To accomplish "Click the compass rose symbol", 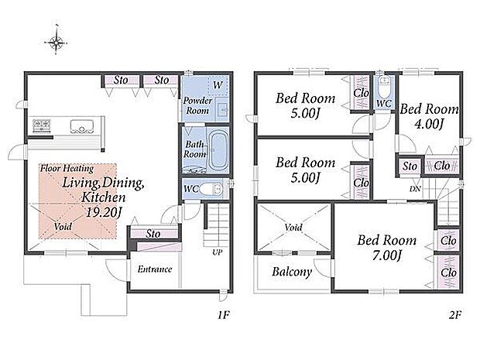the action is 56,42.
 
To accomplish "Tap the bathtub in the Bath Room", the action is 218,150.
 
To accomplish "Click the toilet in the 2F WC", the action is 383,87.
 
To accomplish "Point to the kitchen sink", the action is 82,126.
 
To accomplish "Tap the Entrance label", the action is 155,269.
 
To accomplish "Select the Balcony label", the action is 292,272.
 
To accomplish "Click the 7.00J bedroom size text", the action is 386,255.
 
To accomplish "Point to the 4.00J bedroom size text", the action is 429,124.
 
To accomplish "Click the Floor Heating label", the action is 67,168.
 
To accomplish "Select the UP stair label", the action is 217,252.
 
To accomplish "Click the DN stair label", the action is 415,189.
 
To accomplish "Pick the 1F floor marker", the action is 224,314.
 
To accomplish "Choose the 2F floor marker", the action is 455,314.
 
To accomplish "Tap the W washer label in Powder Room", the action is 218,84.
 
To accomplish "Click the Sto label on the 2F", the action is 410,166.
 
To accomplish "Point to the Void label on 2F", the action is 293,227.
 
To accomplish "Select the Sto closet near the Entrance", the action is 153,233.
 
